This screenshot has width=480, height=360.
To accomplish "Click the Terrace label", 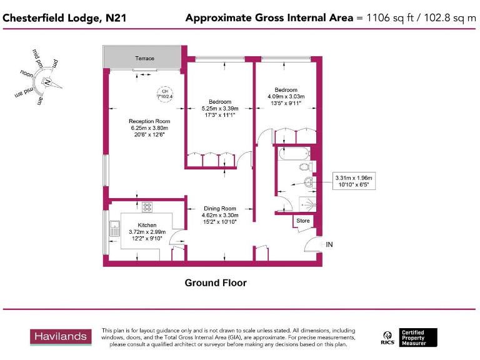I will coord(144,58).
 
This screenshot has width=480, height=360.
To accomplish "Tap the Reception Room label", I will coord(149,121).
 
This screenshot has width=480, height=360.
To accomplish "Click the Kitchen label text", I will coord(147,225).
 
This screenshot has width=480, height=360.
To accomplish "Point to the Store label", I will coord(302,221).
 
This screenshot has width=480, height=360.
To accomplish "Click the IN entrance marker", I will coord(329,244).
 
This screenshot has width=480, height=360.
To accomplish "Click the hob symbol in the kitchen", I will coord(147,207).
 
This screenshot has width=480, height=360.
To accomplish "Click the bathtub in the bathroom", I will coord(292,153).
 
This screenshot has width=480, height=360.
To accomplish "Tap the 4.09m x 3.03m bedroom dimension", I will coord(285,97).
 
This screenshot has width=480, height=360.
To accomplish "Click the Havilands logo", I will coord(60,336).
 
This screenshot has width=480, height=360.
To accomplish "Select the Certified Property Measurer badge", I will coord(418,337).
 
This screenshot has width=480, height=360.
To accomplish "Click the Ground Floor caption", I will coord(216,283).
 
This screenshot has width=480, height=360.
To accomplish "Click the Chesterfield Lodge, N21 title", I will coord(64,18).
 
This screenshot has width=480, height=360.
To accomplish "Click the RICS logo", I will coord(387,337).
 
